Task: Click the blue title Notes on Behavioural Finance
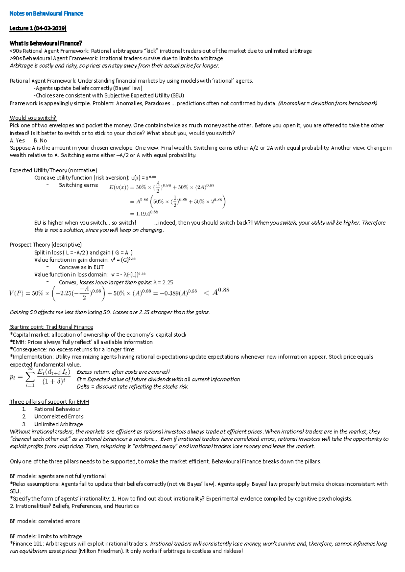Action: pos(46,13)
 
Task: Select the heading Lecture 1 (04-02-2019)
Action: pos(38,28)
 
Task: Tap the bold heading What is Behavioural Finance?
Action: pos(46,43)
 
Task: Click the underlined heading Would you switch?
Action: pos(33,118)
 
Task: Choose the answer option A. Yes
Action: pos(17,140)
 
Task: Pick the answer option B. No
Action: pos(40,140)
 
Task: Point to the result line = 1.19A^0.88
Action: pos(144,213)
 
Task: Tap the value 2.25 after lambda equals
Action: pos(167,282)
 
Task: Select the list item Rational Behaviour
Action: pos(57,409)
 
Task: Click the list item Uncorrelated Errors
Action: pos(58,417)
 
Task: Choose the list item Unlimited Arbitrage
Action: pos(58,424)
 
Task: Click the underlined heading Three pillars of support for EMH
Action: pos(49,402)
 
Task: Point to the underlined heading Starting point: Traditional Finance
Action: pos(51,327)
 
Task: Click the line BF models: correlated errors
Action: pos(45,521)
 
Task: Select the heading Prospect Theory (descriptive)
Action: pos(46,245)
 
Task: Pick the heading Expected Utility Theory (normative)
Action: pos(53,170)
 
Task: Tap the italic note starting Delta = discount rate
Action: pos(132,387)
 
